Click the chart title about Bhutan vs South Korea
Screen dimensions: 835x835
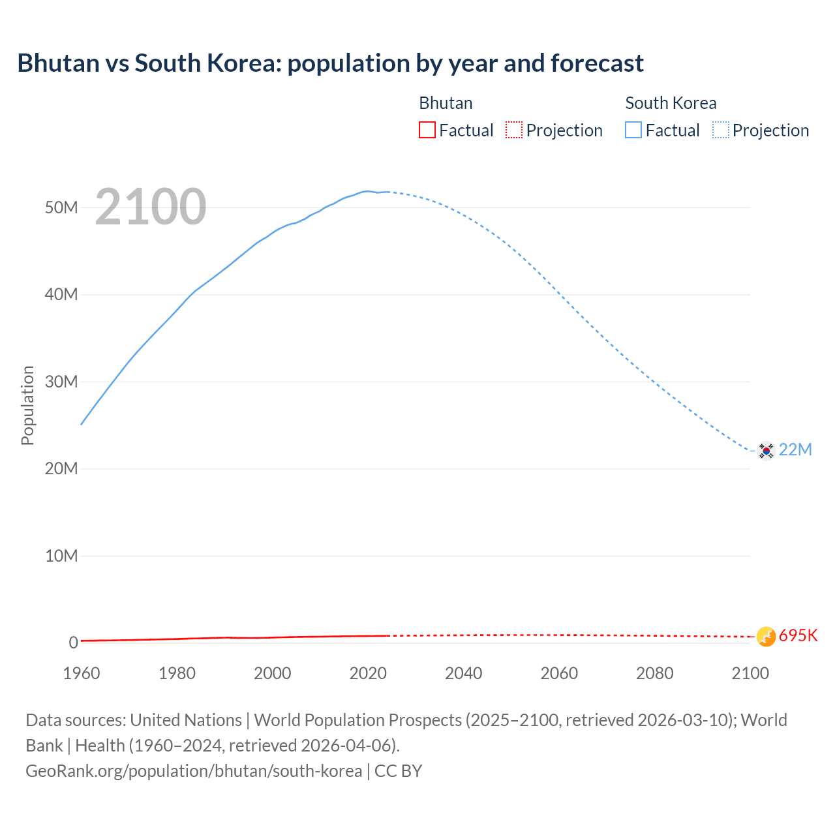click(330, 63)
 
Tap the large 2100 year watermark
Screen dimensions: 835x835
click(151, 207)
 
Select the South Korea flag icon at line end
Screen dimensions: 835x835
click(766, 450)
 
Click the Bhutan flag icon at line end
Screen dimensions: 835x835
click(766, 636)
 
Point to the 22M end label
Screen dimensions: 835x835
click(795, 450)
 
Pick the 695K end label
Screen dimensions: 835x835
click(798, 636)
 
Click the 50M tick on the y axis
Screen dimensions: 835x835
click(61, 207)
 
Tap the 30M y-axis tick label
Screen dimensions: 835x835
click(61, 382)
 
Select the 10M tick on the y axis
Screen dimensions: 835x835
click(61, 556)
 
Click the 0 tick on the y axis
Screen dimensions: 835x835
click(73, 643)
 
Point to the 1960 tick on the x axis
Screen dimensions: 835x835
click(82, 673)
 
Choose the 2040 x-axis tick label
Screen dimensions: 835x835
click(463, 673)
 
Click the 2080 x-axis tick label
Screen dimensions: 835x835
click(654, 673)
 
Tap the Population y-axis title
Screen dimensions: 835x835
click(27, 405)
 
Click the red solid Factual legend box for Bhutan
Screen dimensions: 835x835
click(427, 130)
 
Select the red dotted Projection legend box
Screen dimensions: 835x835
click(514, 130)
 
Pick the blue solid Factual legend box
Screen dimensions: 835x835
click(633, 130)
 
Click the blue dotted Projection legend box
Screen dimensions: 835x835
click(721, 130)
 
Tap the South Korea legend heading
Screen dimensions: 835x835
click(671, 103)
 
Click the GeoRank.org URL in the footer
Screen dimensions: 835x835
click(194, 771)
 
